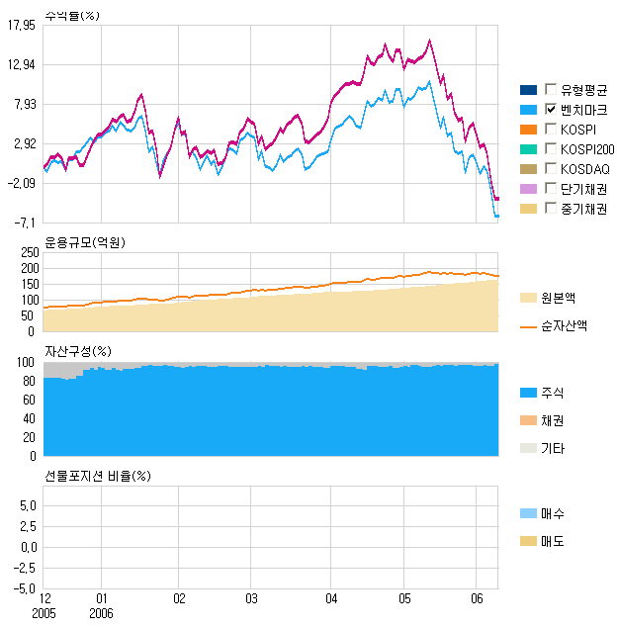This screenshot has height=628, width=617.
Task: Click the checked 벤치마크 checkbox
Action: tap(551, 110)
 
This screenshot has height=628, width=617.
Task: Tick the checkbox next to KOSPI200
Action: tap(551, 149)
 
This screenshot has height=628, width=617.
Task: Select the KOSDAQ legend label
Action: tap(582, 169)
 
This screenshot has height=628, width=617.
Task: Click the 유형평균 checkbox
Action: tap(551, 90)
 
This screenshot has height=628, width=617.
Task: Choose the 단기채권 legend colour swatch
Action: tap(527, 189)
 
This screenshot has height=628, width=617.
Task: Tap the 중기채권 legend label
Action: tap(582, 209)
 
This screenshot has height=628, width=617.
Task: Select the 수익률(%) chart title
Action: tap(72, 15)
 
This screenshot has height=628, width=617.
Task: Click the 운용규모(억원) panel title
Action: tap(86, 242)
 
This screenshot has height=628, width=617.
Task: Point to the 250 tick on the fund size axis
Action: tap(28, 252)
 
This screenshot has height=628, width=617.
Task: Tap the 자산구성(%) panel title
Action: tap(77, 351)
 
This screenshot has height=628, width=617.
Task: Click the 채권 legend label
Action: tap(553, 420)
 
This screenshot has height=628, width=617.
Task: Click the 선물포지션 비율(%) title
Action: tap(97, 476)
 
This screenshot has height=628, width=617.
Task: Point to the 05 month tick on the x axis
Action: tap(404, 599)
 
